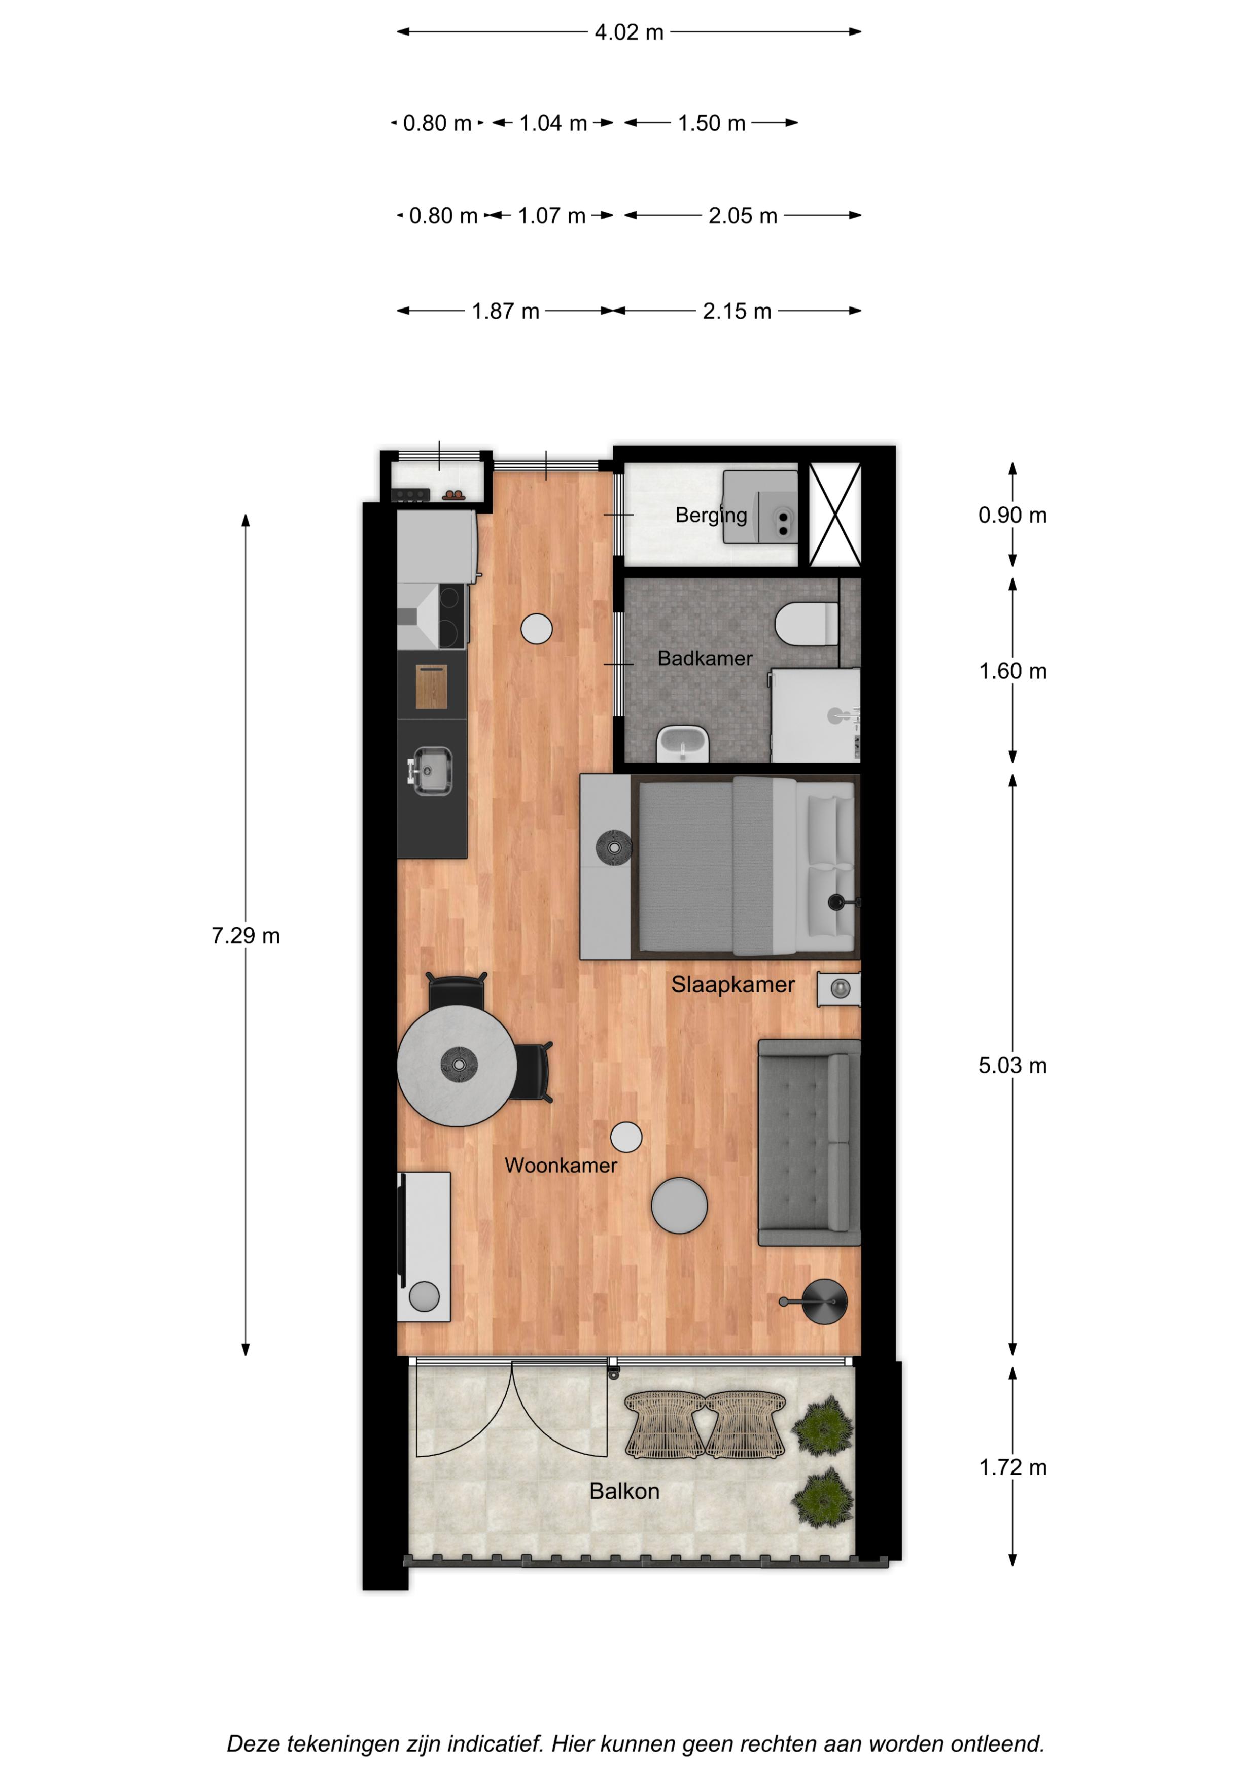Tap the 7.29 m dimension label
coord(246,936)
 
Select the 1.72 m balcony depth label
coord(1012,1467)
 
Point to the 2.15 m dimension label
coord(737,312)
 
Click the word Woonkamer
coord(561,1165)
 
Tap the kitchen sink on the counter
coord(431,771)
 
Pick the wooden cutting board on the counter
coord(432,687)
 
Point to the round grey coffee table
coord(679,1206)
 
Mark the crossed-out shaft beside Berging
coord(835,515)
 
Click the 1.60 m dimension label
coord(1012,671)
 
